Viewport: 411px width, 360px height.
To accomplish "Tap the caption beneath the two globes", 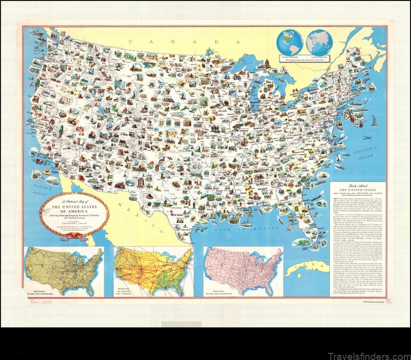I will (x=305, y=60).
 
